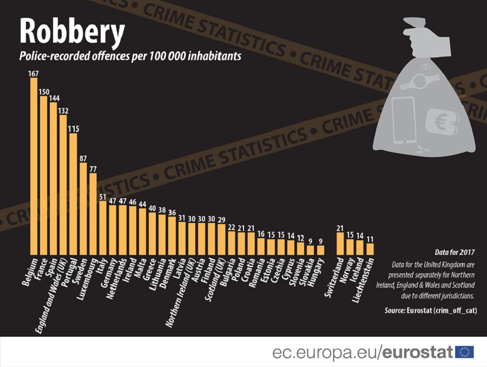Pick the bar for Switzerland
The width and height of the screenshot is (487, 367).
click(x=340, y=243)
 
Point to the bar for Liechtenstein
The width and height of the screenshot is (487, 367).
click(x=370, y=248)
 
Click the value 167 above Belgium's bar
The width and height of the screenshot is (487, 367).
click(x=34, y=73)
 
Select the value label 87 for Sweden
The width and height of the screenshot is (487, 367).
click(x=83, y=158)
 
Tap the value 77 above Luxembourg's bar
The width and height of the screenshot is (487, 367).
click(x=93, y=169)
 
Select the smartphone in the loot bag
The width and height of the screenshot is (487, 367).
click(x=403, y=120)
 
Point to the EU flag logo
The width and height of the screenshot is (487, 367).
click(x=464, y=352)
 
